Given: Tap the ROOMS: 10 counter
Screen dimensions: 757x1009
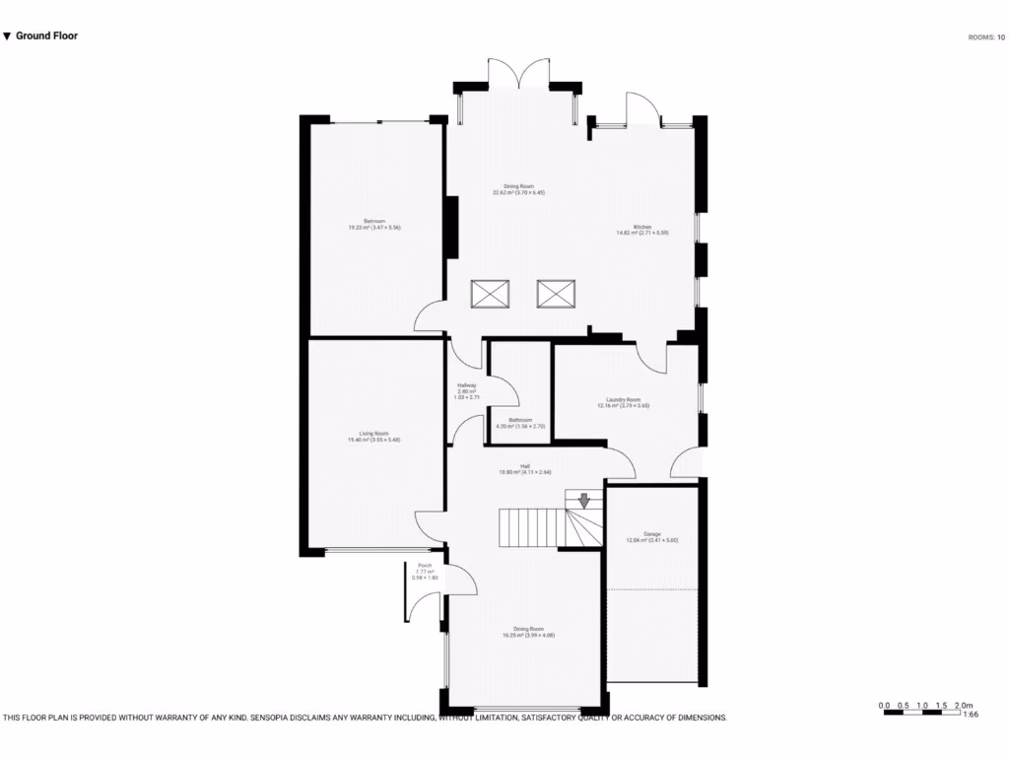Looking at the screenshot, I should (x=986, y=37).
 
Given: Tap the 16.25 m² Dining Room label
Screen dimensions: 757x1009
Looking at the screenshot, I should (x=528, y=632).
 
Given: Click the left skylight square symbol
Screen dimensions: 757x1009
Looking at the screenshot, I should (x=491, y=294).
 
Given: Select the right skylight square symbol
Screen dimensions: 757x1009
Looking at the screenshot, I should (x=556, y=294).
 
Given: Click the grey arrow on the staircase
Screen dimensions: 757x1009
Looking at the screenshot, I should (x=583, y=500).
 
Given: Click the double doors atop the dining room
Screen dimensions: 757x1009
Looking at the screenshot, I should (x=519, y=76).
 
